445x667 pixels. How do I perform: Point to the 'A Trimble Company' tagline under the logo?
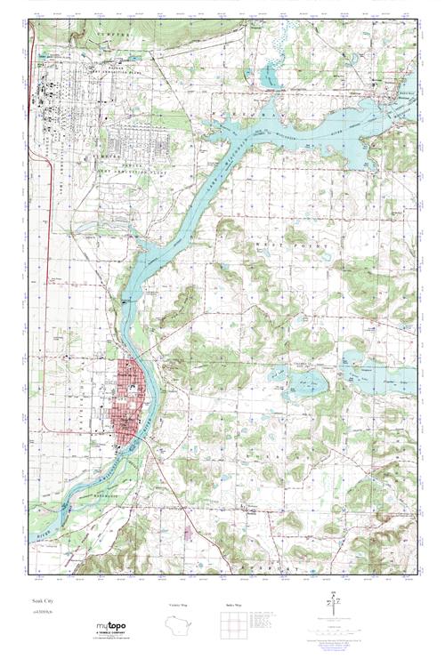(111, 633)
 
